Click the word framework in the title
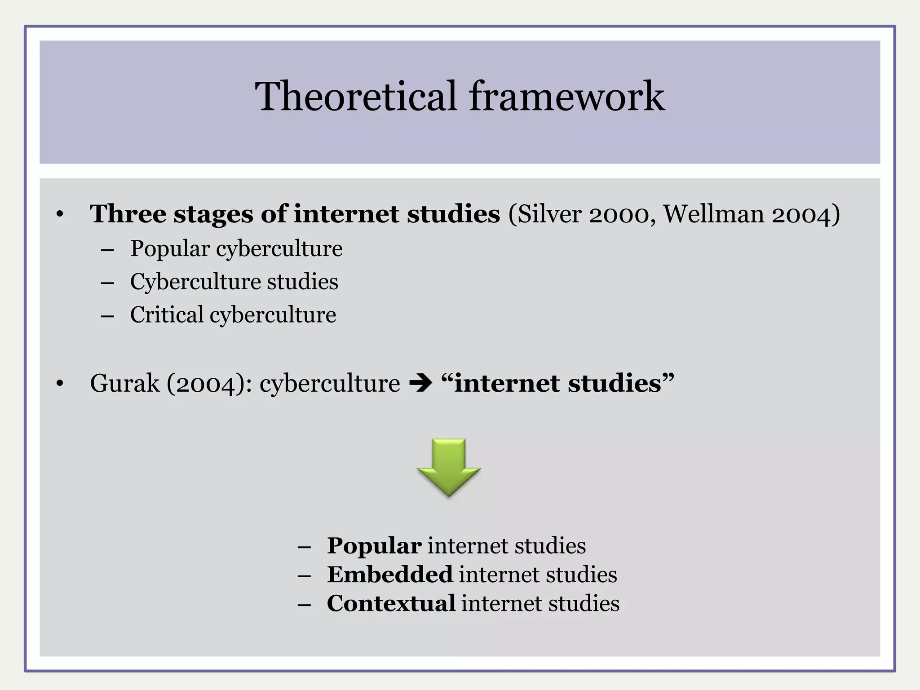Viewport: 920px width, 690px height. [x=567, y=96]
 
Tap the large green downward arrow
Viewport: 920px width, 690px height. [x=449, y=467]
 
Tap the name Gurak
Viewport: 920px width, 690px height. [x=124, y=384]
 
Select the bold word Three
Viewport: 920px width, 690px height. [x=128, y=214]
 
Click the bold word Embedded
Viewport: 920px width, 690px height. [x=389, y=575]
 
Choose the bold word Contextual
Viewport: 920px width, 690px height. [x=391, y=603]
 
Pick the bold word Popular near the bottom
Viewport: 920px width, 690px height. [x=374, y=546]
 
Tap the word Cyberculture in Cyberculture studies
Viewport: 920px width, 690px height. [x=195, y=282]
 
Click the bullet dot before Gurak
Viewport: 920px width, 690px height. [x=60, y=385]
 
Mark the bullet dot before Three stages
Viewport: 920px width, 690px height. [x=60, y=215]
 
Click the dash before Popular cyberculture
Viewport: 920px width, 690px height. [x=108, y=250]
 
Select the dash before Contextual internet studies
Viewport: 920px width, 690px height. [x=304, y=605]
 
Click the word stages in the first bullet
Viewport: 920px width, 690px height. [x=213, y=215]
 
